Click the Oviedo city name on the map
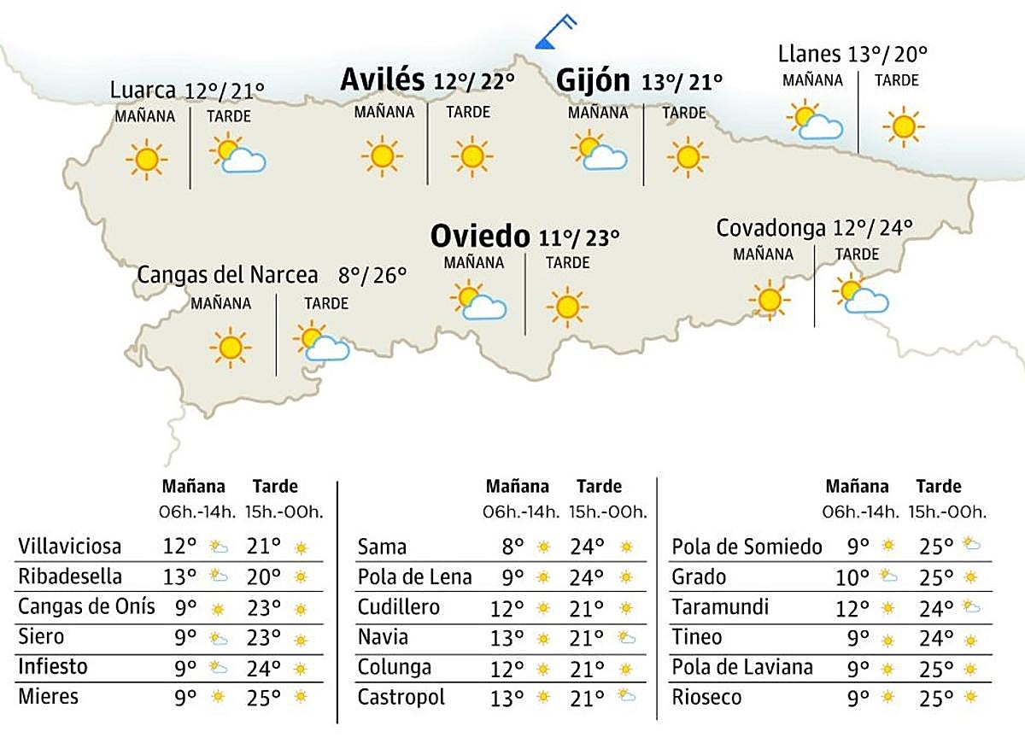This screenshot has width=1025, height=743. point(480,235)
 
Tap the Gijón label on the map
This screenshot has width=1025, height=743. point(593,80)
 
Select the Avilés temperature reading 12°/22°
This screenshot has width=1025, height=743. point(474,82)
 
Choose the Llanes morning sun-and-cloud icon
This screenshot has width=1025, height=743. point(815,120)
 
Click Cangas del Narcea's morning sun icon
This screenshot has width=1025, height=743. point(229,347)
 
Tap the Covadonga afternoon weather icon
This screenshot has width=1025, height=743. point(859,295)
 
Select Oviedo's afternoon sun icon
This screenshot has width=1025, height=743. point(567,307)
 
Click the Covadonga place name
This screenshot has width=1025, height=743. point(770,228)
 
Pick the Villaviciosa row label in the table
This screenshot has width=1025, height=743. point(70,546)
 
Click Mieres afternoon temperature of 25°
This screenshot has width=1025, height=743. point(265,697)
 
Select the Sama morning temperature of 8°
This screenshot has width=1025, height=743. point(512,547)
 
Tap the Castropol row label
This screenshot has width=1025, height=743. point(401,697)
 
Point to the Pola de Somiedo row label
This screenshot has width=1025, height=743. point(747,547)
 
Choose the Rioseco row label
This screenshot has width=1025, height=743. point(706,697)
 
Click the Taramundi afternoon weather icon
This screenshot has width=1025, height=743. point(970,607)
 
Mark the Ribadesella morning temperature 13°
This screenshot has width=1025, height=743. point(179,576)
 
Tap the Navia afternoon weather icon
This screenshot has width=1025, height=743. point(627,637)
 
